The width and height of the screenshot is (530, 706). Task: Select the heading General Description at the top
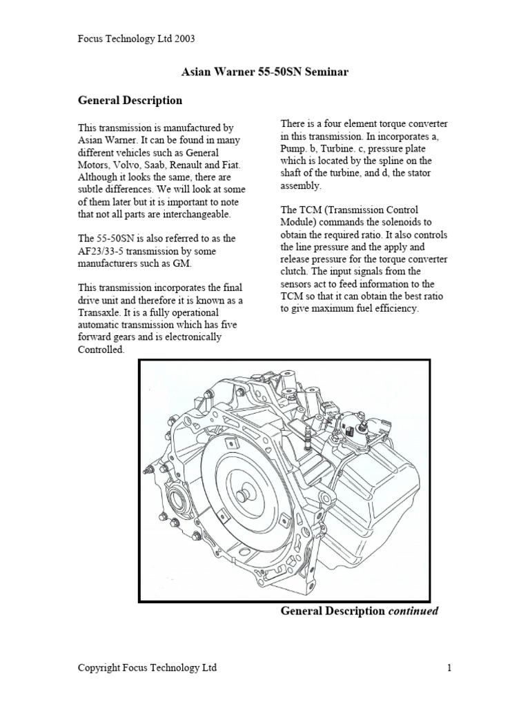130,101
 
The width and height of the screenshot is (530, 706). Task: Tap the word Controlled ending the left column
101,350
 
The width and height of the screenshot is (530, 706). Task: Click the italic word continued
413,611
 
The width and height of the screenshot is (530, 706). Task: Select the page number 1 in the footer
449,667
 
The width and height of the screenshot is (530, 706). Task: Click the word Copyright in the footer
101,667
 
